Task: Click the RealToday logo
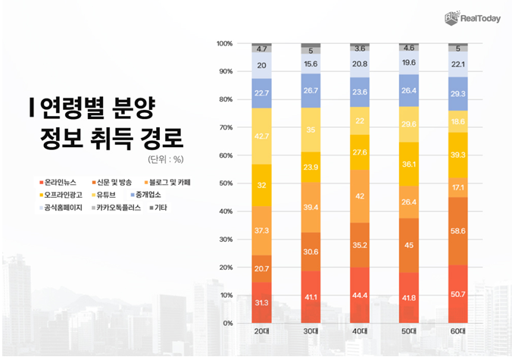pos(472,17)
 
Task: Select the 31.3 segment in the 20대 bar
pos(262,302)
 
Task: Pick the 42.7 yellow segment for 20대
pos(262,136)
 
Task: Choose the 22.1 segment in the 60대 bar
pos(457,64)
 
